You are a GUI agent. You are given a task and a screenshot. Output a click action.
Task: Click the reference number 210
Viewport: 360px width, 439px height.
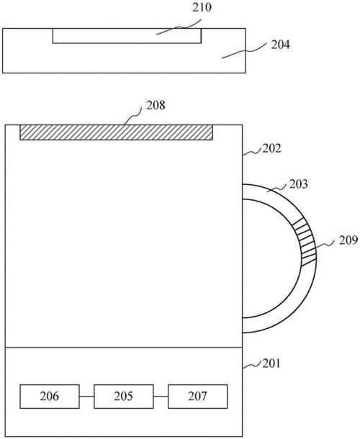coord(202,8)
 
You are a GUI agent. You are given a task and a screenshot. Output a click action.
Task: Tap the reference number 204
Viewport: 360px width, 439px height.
coord(280,45)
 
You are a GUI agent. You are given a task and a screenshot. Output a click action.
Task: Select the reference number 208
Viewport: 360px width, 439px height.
coord(156,105)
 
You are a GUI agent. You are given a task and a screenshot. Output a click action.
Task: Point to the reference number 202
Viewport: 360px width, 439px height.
coord(271,148)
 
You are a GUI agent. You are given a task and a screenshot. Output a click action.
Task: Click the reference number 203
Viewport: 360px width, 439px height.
coord(298,184)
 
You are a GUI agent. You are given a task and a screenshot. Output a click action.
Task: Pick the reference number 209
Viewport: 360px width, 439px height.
coord(348,240)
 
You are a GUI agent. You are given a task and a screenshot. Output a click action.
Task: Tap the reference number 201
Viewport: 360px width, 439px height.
coord(271,363)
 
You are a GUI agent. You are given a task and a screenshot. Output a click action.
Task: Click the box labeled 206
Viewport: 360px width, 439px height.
coord(50,397)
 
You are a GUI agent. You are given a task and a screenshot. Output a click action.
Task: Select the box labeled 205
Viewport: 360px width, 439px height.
coord(124,397)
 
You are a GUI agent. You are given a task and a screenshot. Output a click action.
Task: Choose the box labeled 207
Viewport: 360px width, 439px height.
coord(198,397)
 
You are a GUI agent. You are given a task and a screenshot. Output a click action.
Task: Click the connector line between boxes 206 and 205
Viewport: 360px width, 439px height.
coord(86,396)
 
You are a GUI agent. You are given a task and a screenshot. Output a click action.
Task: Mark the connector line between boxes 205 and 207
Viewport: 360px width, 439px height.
coord(161,396)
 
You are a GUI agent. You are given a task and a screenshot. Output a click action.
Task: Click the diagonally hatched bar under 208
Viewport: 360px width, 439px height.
coord(116,132)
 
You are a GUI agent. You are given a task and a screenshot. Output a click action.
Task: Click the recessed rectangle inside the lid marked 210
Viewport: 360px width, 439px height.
coord(127,36)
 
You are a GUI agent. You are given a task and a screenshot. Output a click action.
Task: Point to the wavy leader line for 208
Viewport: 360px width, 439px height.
coord(133,116)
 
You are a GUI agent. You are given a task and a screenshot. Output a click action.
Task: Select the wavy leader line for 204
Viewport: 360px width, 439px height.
coord(243,51)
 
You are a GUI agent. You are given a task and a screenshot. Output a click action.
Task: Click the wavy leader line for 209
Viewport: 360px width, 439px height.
coord(325,245)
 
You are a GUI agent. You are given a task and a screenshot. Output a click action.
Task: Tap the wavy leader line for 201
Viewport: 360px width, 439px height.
coord(252,366)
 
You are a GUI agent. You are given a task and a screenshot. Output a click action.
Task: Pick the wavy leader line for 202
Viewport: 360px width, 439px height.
coord(252,152)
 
